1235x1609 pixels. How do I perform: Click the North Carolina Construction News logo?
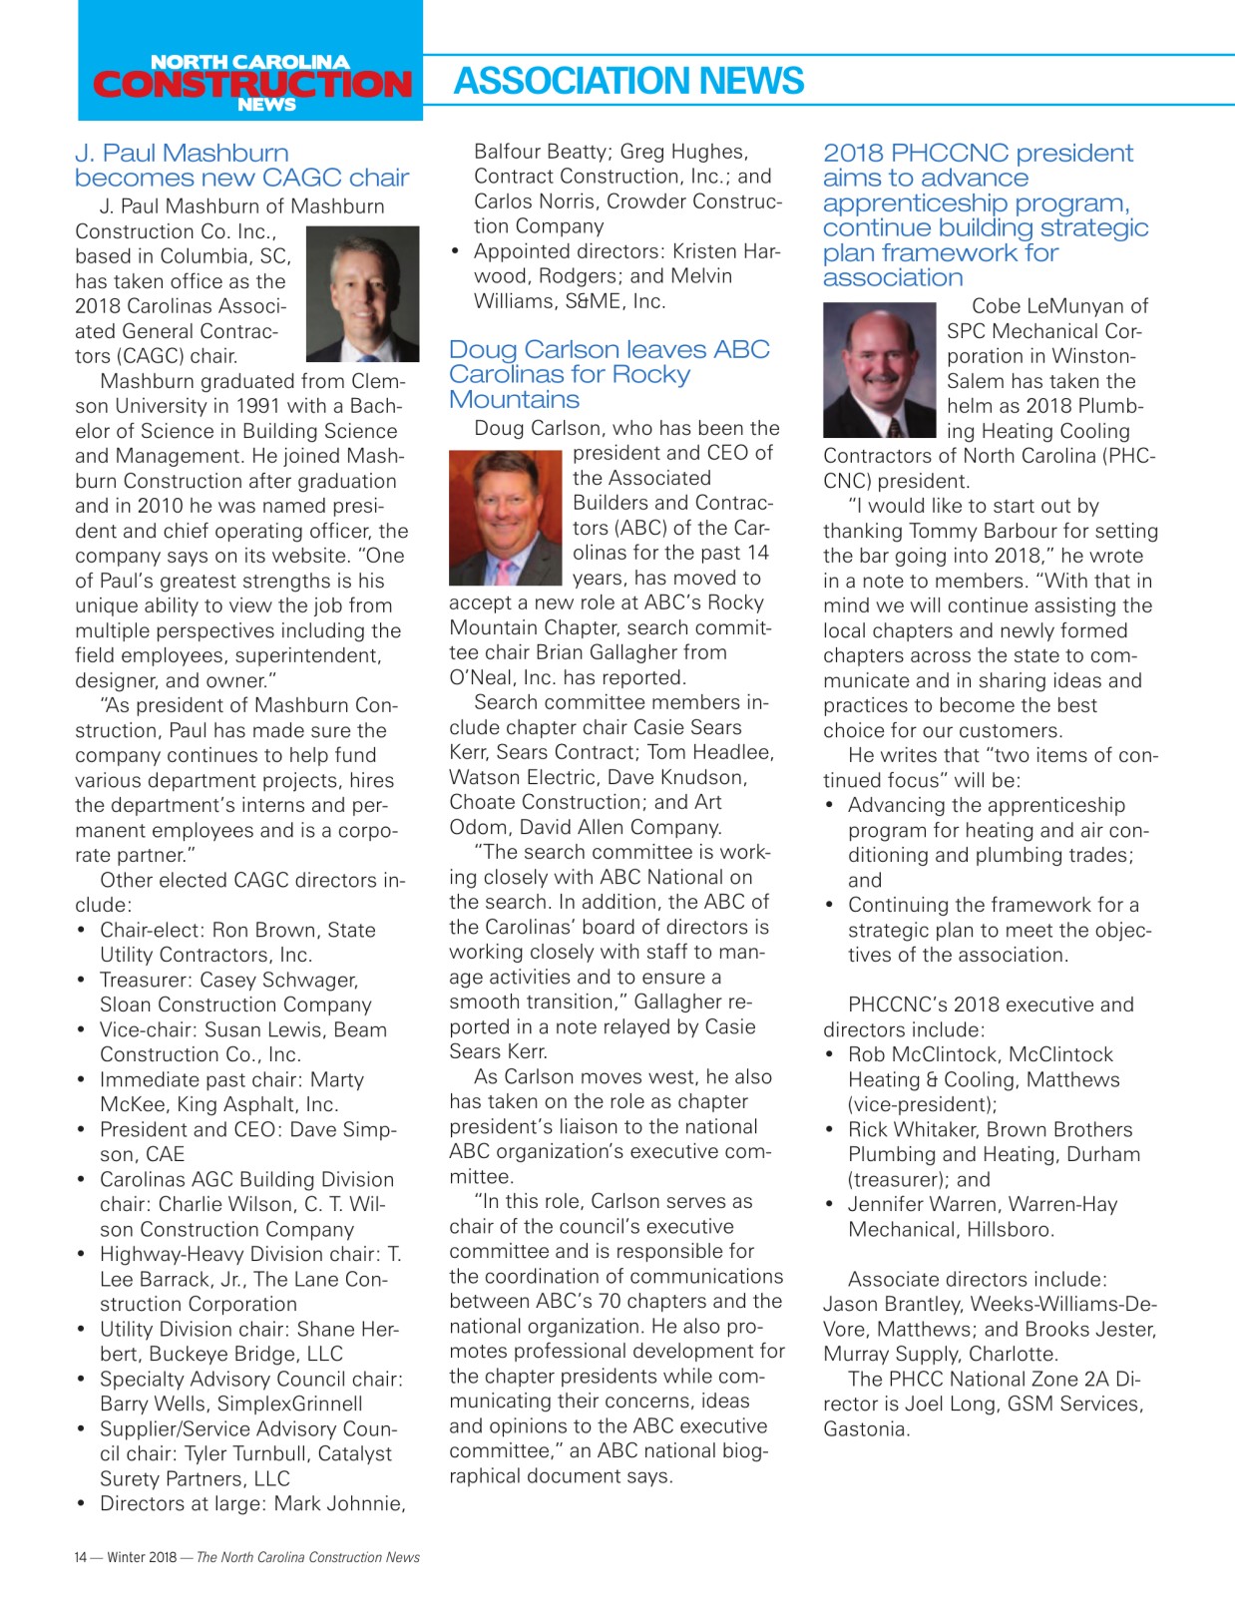pos(250,82)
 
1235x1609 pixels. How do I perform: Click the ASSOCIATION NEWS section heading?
pos(628,81)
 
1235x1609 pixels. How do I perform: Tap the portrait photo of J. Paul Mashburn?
pos(362,294)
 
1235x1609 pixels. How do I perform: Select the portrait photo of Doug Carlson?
pos(505,518)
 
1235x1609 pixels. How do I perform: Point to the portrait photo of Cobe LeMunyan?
pos(879,370)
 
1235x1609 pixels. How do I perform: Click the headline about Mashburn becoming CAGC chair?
pos(241,166)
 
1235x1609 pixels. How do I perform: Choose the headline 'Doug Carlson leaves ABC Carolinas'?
pos(609,374)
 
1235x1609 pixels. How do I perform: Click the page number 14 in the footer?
pos(81,1557)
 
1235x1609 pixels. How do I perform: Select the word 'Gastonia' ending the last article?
pos(865,1428)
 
